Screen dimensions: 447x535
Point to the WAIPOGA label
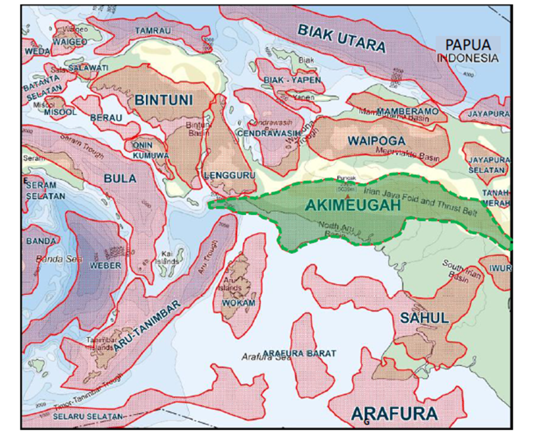pos(376,141)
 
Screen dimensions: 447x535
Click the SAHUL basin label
pos(424,318)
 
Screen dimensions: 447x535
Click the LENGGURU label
pos(229,175)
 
